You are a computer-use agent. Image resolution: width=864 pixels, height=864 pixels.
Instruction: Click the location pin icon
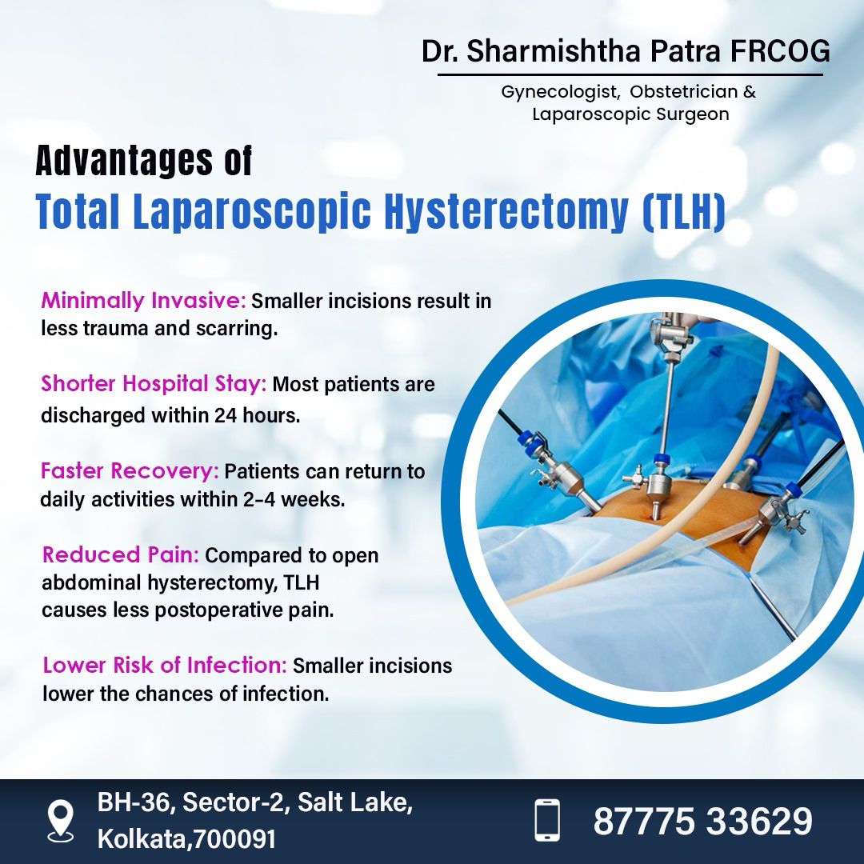pyautogui.click(x=60, y=821)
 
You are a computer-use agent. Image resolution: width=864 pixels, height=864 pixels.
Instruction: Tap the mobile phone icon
pyautogui.click(x=547, y=821)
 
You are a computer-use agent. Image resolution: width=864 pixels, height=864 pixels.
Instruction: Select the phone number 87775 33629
pyautogui.click(x=702, y=821)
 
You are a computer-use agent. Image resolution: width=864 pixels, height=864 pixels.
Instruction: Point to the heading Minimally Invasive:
pyautogui.click(x=143, y=301)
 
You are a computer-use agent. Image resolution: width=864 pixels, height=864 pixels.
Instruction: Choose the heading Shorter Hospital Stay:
pyautogui.click(x=154, y=383)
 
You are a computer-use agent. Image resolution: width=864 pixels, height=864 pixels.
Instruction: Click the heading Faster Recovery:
pyautogui.click(x=130, y=471)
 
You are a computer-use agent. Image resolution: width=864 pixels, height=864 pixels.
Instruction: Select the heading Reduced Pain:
pyautogui.click(x=121, y=554)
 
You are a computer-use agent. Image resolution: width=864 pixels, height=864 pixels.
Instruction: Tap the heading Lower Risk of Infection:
pyautogui.click(x=165, y=665)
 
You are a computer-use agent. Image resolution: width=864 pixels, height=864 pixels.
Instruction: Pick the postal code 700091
pyautogui.click(x=234, y=839)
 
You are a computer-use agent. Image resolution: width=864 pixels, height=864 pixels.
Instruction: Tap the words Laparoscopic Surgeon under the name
pyautogui.click(x=630, y=114)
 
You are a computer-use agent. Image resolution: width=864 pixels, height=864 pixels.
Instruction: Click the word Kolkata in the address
pyautogui.click(x=143, y=839)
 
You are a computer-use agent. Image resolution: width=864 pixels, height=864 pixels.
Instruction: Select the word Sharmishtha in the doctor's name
pyautogui.click(x=554, y=51)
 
